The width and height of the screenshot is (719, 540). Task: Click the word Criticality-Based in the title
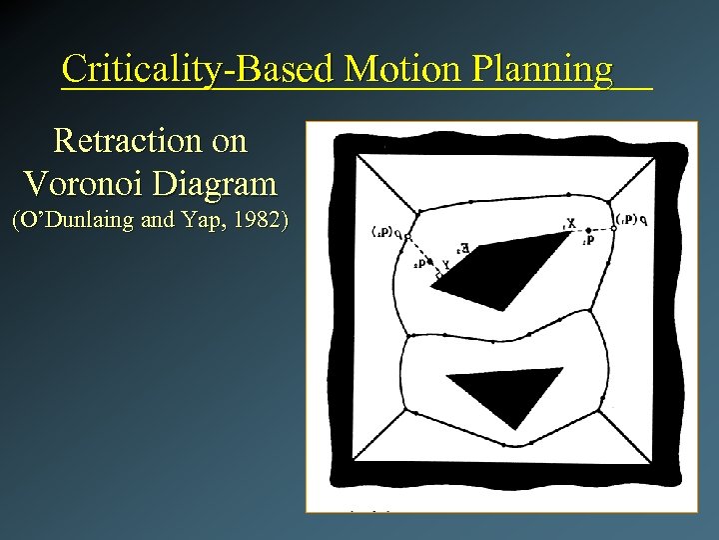[x=197, y=69]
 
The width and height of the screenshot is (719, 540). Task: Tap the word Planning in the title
[x=543, y=70]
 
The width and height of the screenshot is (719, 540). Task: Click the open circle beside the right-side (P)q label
[x=613, y=227]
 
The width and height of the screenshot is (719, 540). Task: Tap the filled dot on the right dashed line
[x=588, y=231]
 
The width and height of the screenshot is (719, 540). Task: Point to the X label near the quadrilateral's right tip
[x=570, y=222]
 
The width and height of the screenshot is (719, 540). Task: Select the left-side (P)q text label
[x=380, y=232]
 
